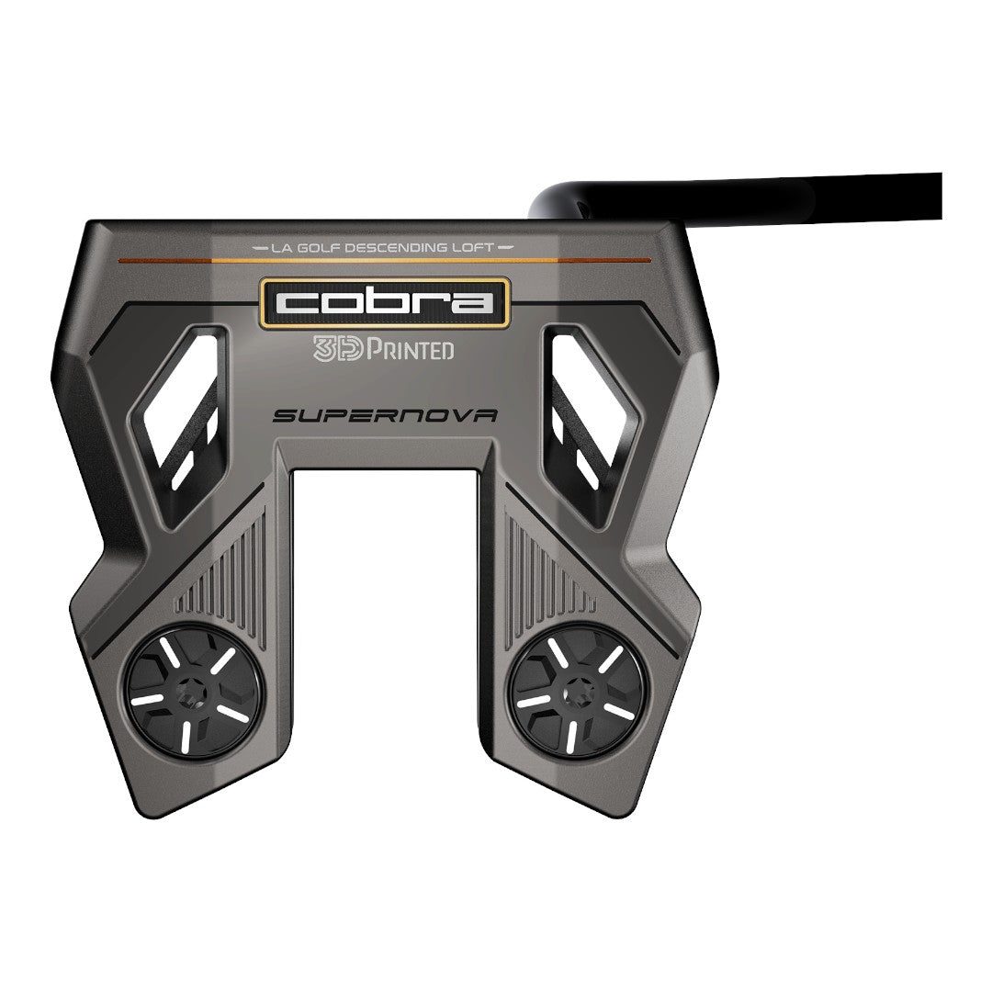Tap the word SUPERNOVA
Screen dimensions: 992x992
pyautogui.click(x=385, y=415)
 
